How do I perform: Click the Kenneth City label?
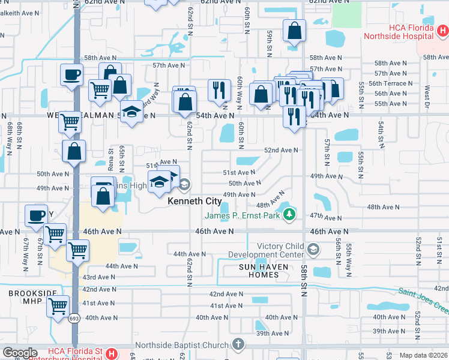tap(194, 201)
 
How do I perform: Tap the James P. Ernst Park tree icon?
tap(290, 214)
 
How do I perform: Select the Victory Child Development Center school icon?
tap(312, 249)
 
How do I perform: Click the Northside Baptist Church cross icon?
tap(238, 345)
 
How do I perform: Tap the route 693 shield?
tap(73, 318)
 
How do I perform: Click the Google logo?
tap(20, 353)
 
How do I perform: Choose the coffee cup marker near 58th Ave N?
tap(71, 75)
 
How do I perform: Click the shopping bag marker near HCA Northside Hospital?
tap(294, 31)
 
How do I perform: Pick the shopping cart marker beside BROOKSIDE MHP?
tap(58, 306)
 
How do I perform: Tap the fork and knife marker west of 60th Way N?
tap(219, 90)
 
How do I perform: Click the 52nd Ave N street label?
tap(281, 151)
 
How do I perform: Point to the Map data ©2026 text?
tap(423, 355)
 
